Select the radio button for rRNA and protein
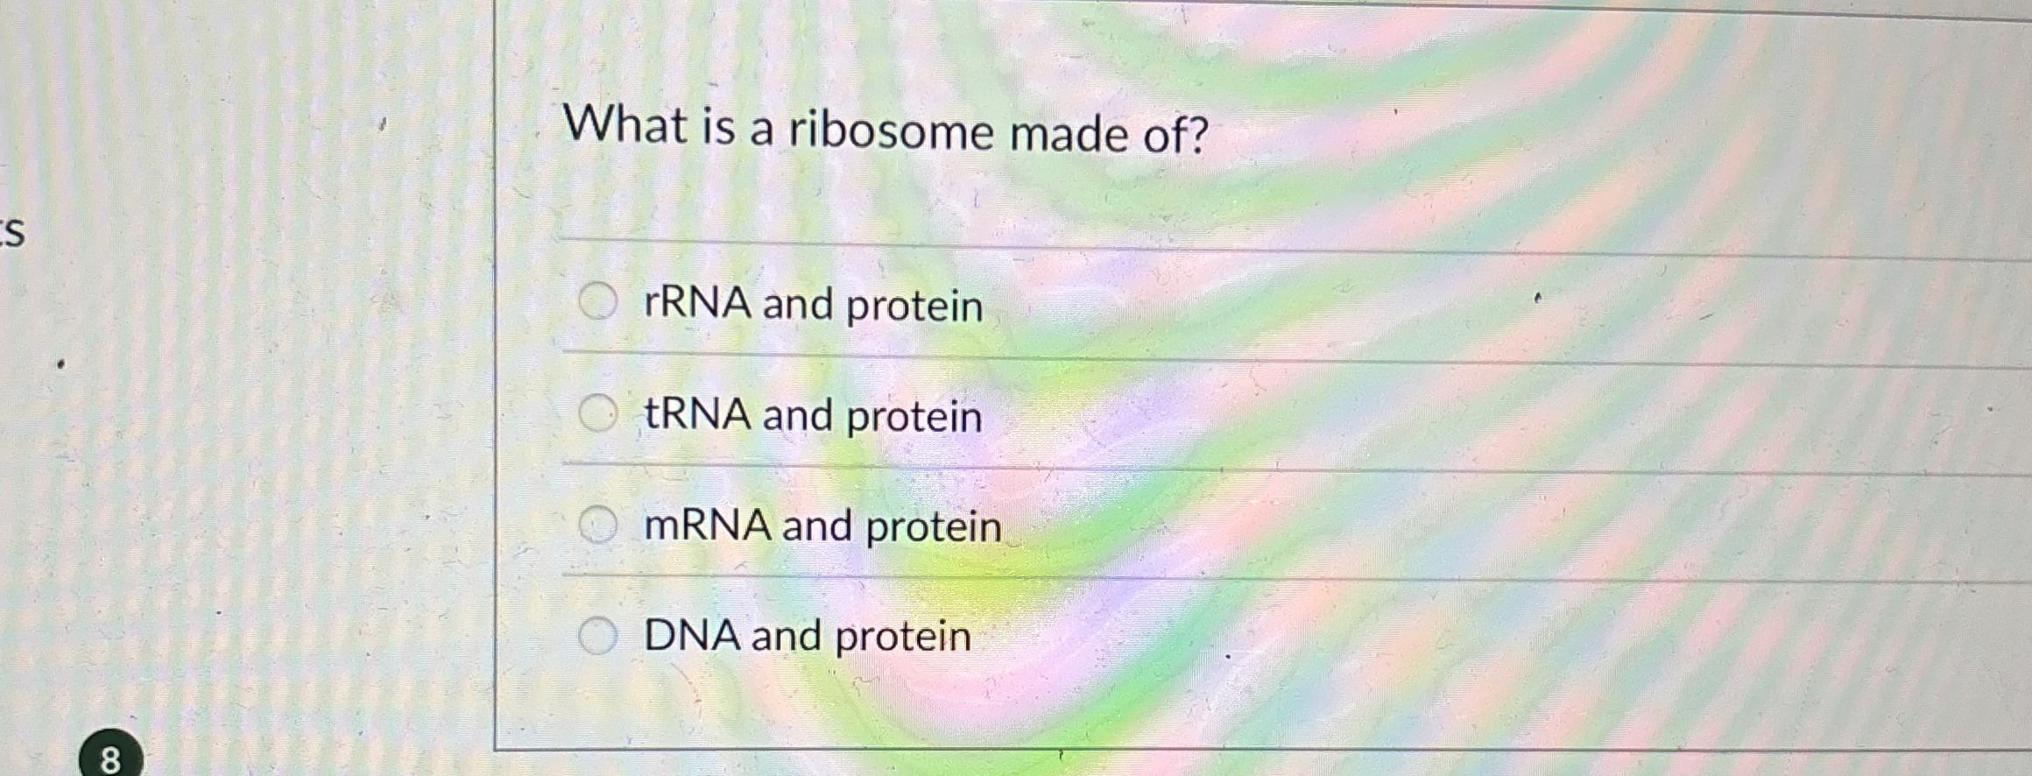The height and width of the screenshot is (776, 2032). tap(598, 302)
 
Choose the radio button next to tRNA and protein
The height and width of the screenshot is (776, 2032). tap(598, 413)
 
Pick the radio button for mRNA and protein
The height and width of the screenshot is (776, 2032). tap(598, 525)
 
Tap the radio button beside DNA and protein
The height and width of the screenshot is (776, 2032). tap(598, 635)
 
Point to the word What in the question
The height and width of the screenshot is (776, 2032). tap(625, 123)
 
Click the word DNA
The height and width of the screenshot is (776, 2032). tap(692, 635)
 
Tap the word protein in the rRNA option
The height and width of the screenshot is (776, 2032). tap(914, 307)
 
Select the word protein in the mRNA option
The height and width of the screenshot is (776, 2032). tap(933, 528)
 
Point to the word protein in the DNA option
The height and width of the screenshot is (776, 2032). tap(903, 638)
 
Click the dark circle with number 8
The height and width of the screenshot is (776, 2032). tap(110, 757)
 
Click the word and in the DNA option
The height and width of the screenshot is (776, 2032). tap(786, 637)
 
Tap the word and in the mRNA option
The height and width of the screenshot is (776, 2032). tap(816, 526)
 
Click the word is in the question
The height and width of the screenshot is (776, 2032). tap(718, 127)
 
